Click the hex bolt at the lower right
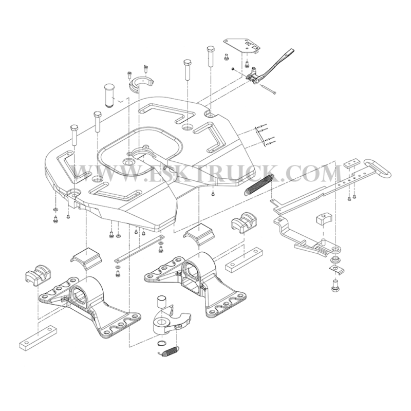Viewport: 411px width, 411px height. click(x=335, y=285)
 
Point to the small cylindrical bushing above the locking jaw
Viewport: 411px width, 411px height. click(x=161, y=302)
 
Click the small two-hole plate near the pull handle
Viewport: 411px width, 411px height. click(x=352, y=164)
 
